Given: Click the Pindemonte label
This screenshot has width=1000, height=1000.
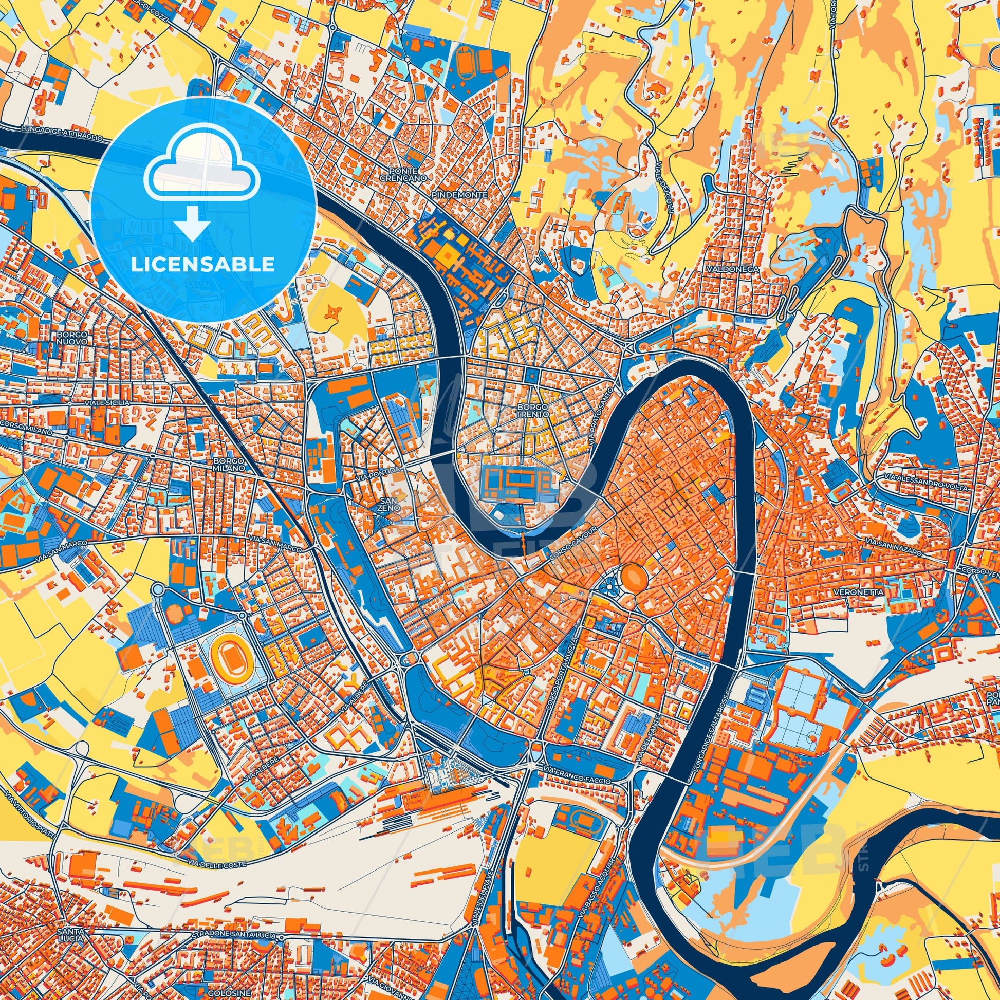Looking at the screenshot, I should click(459, 194).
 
